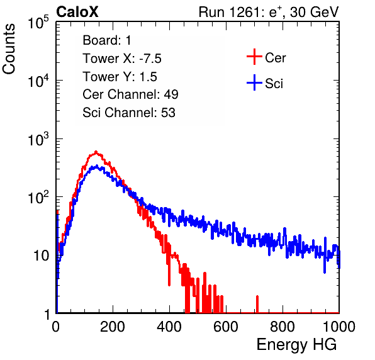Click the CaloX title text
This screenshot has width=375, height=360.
[77, 12]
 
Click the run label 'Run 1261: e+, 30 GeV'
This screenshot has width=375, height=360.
[269, 12]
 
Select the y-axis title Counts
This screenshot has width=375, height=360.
[9, 49]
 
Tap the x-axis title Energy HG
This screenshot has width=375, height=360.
[296, 345]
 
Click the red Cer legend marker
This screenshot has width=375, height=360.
[254, 57]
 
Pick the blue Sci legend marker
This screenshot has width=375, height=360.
[254, 83]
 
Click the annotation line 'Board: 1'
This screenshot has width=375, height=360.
[107, 40]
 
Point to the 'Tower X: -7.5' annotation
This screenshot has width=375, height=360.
[122, 59]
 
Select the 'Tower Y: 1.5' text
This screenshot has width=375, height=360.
[120, 77]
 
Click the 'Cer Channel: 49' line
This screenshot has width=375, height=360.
[130, 94]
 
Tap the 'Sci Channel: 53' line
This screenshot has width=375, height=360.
[129, 113]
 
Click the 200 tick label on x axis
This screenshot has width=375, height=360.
[113, 327]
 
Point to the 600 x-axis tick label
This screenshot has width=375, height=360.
[226, 327]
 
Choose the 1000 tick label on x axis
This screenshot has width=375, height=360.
[339, 327]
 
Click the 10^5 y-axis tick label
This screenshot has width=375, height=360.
[38, 23]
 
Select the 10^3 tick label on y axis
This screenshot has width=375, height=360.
[38, 140]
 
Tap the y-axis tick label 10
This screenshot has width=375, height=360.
[42, 256]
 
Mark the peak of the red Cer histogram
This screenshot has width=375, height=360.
[96, 152]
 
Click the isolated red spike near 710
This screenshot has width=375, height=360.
[257, 304]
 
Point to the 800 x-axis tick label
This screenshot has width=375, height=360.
[283, 327]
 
